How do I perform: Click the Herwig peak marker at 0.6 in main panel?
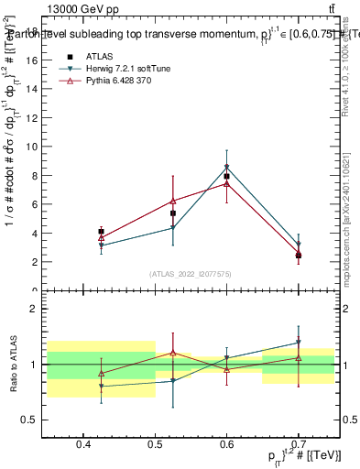pyautogui.click(x=226, y=167)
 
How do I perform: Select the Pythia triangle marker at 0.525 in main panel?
pyautogui.click(x=172, y=201)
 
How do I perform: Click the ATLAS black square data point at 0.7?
pyautogui.click(x=299, y=256)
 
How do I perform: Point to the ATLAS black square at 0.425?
pyautogui.click(x=101, y=232)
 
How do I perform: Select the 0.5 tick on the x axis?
pyautogui.click(x=155, y=446)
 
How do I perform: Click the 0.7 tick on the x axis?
pyautogui.click(x=299, y=446)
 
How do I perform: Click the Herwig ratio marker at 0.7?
pyautogui.click(x=299, y=343)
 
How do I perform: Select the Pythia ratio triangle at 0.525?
pyautogui.click(x=172, y=352)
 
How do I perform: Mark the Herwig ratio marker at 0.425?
pyautogui.click(x=101, y=387)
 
